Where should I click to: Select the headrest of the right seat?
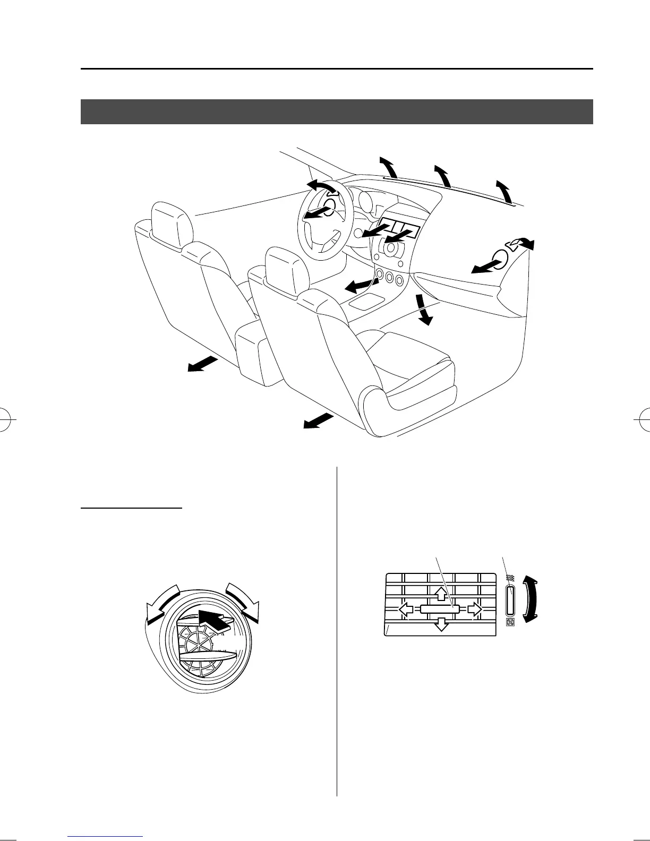pyautogui.click(x=287, y=270)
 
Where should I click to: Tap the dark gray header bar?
pyautogui.click(x=337, y=111)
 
